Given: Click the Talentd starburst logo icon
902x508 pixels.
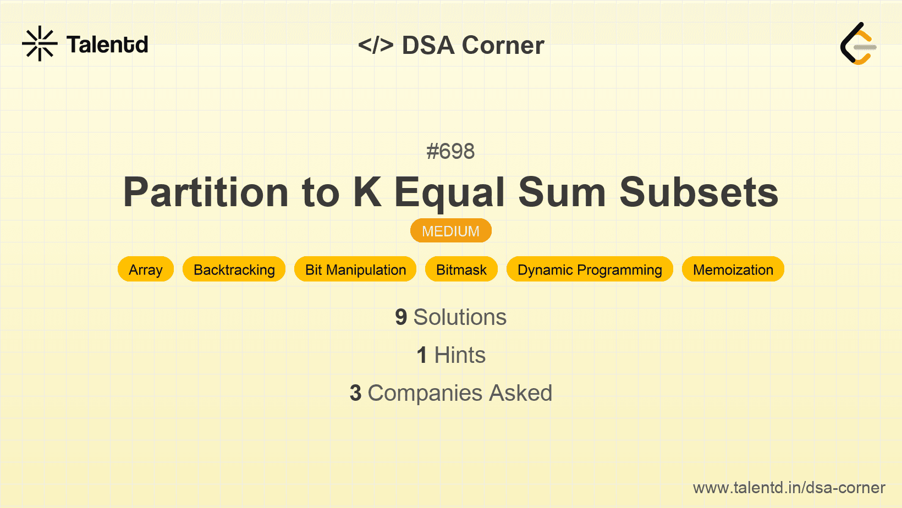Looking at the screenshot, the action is point(40,43).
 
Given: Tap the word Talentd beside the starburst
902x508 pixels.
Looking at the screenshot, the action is point(107,45).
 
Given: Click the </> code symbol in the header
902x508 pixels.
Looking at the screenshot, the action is point(376,45).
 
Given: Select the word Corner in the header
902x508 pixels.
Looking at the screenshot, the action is point(503,45).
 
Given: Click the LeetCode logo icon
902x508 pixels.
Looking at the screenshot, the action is point(858,43).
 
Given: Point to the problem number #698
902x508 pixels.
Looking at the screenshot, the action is point(450,151).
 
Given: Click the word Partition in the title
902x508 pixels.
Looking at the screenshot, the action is point(206,192).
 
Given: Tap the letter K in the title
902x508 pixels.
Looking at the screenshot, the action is point(367,192).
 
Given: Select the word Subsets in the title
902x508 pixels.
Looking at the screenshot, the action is point(698,192).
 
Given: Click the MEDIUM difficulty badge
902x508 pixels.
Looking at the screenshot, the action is point(451,231).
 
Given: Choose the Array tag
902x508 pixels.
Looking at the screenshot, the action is point(146,269).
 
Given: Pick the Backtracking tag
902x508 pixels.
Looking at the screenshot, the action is point(234,269).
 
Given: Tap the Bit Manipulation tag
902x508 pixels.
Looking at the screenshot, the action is point(355,269).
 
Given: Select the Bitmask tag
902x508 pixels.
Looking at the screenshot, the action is point(461,269).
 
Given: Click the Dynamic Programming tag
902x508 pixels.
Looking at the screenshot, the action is point(590,269).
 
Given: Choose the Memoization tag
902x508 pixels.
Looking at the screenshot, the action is point(733,269).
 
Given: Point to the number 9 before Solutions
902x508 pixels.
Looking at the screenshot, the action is point(401,317).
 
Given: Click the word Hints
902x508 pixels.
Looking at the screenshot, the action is point(460,355).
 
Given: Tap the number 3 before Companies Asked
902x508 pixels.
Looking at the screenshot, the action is point(355,393).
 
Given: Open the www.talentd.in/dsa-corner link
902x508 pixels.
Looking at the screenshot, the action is point(789,488).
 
